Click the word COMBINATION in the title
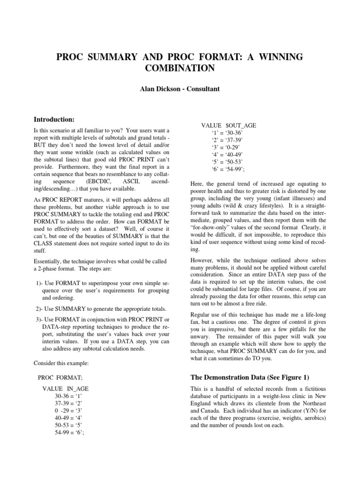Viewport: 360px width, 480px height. [180, 68]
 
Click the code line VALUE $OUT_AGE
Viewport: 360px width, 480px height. [228, 126]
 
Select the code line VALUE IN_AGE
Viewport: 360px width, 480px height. [65, 389]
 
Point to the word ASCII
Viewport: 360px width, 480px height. [132, 180]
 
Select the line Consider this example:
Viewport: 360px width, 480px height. [60, 363]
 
